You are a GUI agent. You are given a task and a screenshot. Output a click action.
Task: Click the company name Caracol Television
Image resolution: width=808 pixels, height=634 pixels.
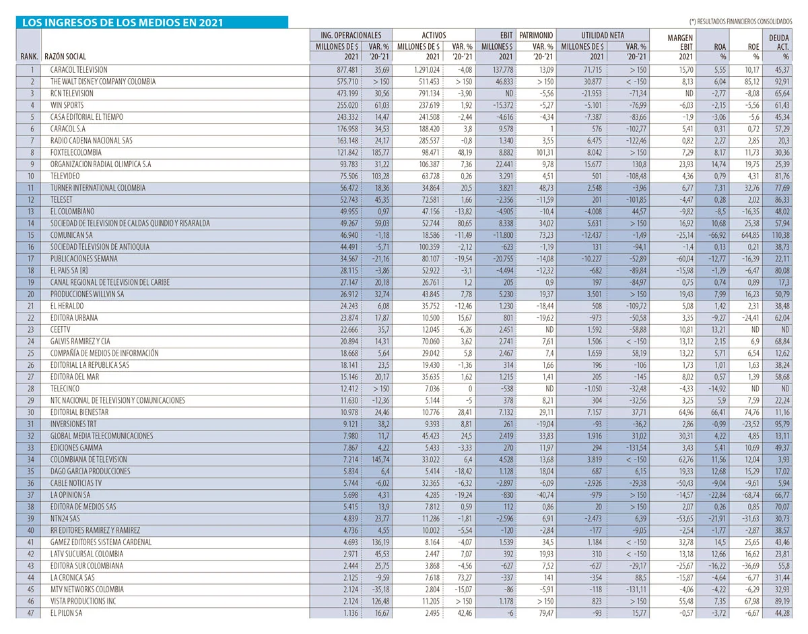point(79,69)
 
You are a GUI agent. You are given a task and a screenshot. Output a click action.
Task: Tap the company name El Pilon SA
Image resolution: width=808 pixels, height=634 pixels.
point(67,612)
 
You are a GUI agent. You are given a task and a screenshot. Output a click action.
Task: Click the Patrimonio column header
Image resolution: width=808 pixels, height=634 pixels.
point(536,34)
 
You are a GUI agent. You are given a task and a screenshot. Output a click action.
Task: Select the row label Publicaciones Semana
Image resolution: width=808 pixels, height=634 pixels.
point(83,259)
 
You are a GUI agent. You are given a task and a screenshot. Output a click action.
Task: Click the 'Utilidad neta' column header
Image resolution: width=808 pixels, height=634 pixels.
point(605,34)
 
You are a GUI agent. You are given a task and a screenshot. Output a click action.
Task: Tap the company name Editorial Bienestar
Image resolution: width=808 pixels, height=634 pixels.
point(79,412)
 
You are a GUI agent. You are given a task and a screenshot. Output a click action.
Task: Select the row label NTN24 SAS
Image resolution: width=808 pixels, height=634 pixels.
point(66,518)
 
